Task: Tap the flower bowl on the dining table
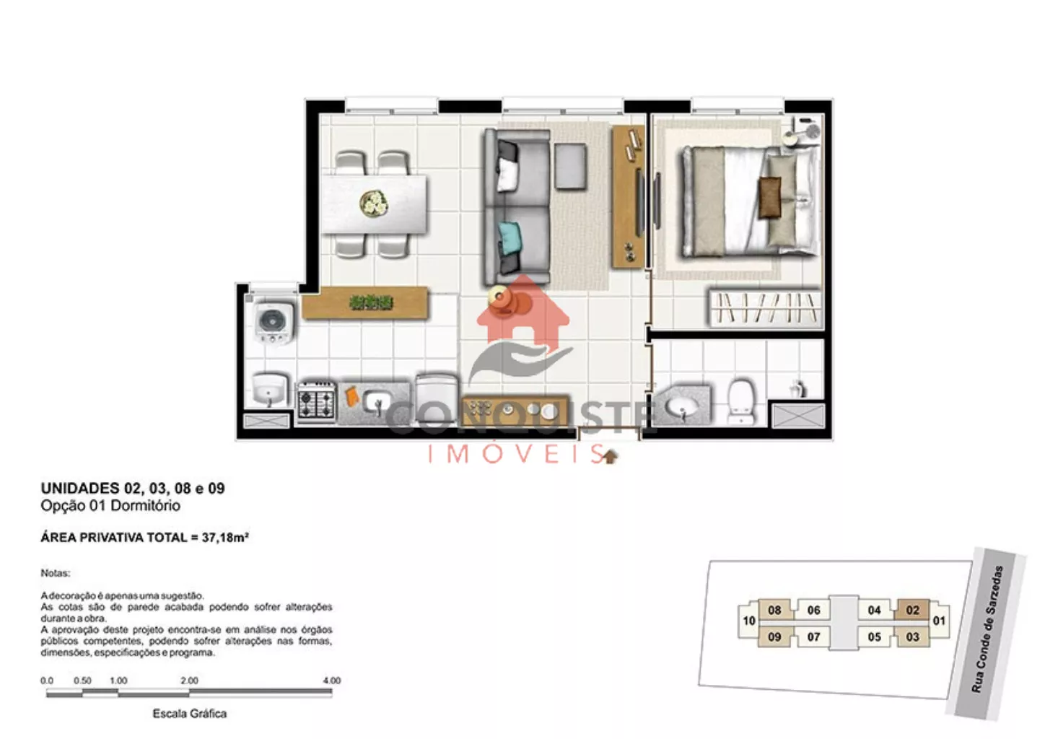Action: click(x=374, y=204)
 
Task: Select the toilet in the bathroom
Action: click(x=741, y=401)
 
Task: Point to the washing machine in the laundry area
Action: click(x=274, y=323)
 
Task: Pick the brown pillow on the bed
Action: click(x=770, y=197)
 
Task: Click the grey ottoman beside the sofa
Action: click(x=570, y=167)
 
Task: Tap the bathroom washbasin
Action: click(x=681, y=407)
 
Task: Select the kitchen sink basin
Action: click(x=377, y=402)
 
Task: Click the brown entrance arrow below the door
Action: click(x=609, y=457)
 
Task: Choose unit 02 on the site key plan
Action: click(x=912, y=610)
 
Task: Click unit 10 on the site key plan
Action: click(x=749, y=621)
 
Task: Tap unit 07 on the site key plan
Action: click(x=813, y=637)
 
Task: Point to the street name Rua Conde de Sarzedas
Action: click(x=987, y=629)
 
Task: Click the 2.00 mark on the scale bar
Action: click(x=189, y=681)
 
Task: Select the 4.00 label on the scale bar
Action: click(x=332, y=681)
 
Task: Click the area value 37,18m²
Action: click(x=225, y=538)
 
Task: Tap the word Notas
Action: click(x=56, y=573)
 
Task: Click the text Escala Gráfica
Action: click(x=189, y=713)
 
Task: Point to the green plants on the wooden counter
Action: click(x=371, y=302)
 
